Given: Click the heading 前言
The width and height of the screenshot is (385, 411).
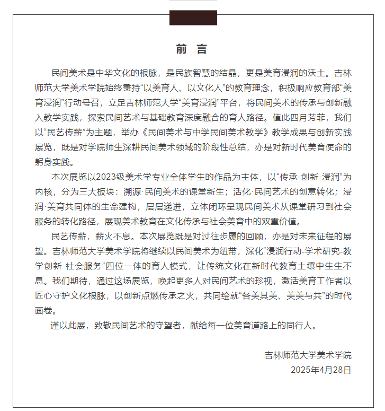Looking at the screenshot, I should coord(192,49).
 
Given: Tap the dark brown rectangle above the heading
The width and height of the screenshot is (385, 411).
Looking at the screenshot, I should coord(193,18).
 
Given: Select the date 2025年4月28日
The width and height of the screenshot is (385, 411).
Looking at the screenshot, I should coord(321,370).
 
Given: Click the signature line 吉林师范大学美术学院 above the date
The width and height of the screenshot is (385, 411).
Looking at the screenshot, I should coord(308,355).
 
